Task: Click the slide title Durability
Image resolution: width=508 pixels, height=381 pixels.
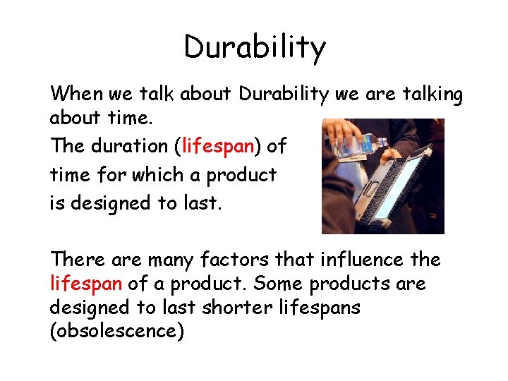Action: (x=255, y=48)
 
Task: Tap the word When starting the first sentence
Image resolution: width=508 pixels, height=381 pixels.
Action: (x=76, y=93)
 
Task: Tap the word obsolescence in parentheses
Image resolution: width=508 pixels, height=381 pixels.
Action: (x=116, y=332)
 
